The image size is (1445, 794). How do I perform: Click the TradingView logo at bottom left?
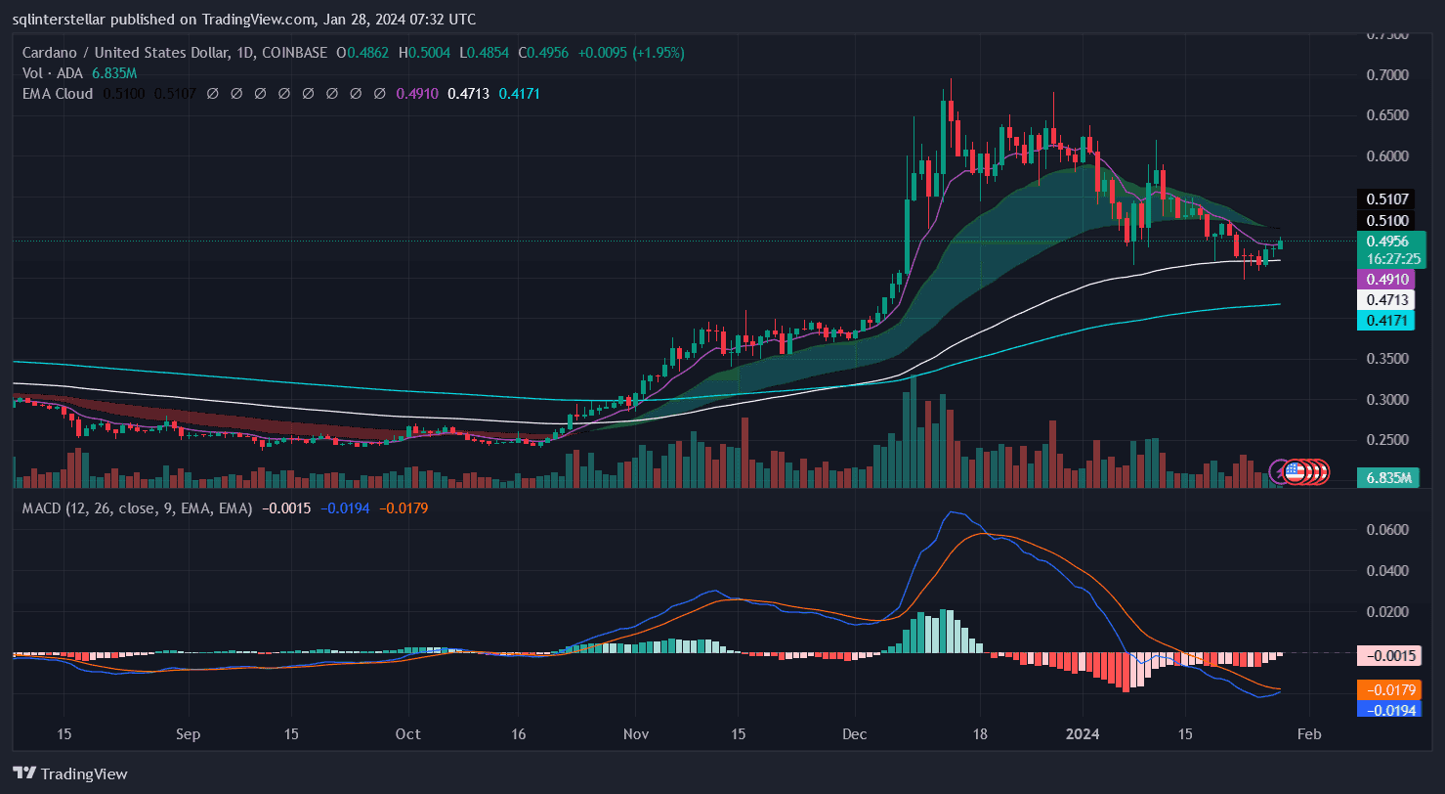(69, 773)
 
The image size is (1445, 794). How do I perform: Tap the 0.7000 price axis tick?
(1387, 74)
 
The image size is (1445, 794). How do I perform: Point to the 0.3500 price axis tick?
(1387, 359)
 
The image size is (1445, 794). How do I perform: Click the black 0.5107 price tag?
(1386, 199)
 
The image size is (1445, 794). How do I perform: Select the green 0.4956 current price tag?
(1387, 242)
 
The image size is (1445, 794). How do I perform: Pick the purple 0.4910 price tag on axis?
(1386, 280)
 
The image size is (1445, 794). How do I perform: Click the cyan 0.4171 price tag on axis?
(1386, 321)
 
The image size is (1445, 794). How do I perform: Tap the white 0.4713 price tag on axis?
(1386, 300)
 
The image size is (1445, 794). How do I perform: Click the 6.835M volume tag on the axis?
(1386, 477)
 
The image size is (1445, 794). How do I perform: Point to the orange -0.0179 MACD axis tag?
(1386, 689)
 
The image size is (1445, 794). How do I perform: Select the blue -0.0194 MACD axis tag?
(1386, 709)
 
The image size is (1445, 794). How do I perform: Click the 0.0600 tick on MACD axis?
(1387, 530)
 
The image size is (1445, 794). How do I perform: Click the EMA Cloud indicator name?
(58, 94)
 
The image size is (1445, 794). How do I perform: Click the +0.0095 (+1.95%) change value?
(631, 53)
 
